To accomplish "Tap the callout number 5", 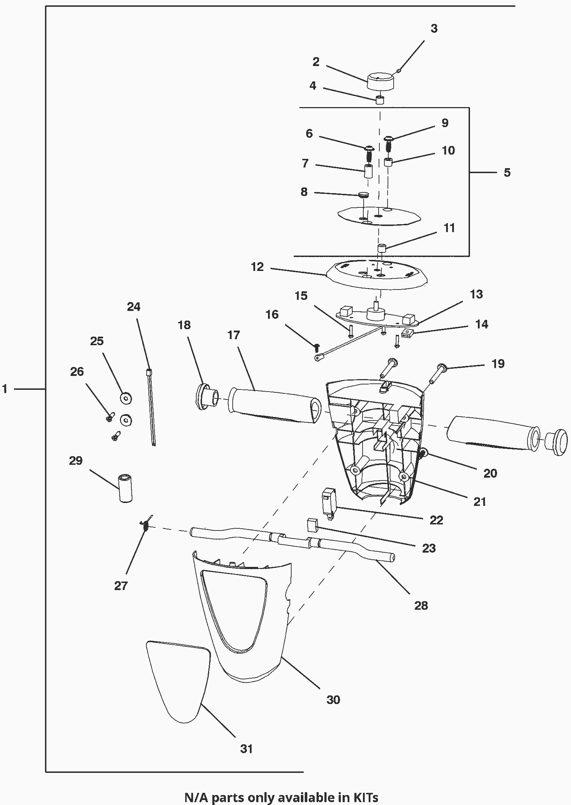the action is (x=507, y=173).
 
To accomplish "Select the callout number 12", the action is (x=257, y=267).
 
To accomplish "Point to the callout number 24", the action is (x=134, y=307).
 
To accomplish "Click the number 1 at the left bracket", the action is (x=5, y=389).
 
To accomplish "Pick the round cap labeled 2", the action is (x=380, y=82).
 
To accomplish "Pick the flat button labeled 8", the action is (x=363, y=195).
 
